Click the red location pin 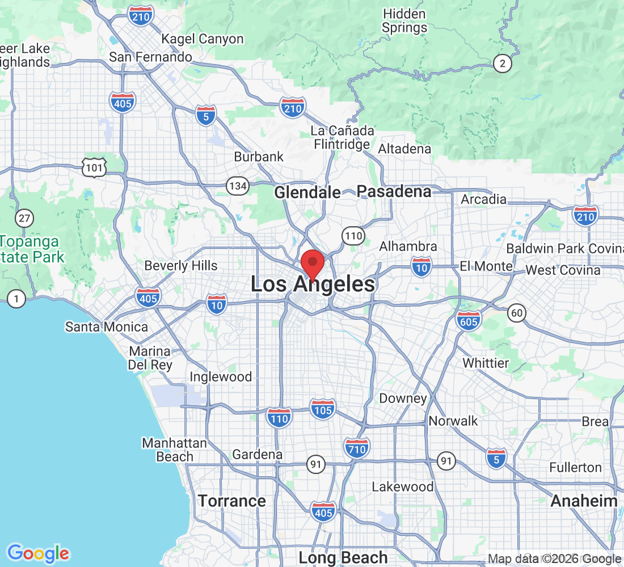(312, 264)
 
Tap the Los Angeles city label (313, 285)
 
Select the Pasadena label (394, 192)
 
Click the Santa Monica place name (107, 327)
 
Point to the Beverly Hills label (181, 265)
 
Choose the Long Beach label (343, 557)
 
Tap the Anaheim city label (584, 501)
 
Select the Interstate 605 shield (468, 320)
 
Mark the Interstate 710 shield (356, 448)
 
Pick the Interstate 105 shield (323, 409)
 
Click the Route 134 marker (238, 185)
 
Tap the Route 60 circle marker (517, 312)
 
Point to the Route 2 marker (501, 64)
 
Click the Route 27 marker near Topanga (24, 218)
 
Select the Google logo (39, 553)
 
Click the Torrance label (231, 501)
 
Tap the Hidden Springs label (404, 20)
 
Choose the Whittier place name (486, 362)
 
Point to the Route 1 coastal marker (17, 298)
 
